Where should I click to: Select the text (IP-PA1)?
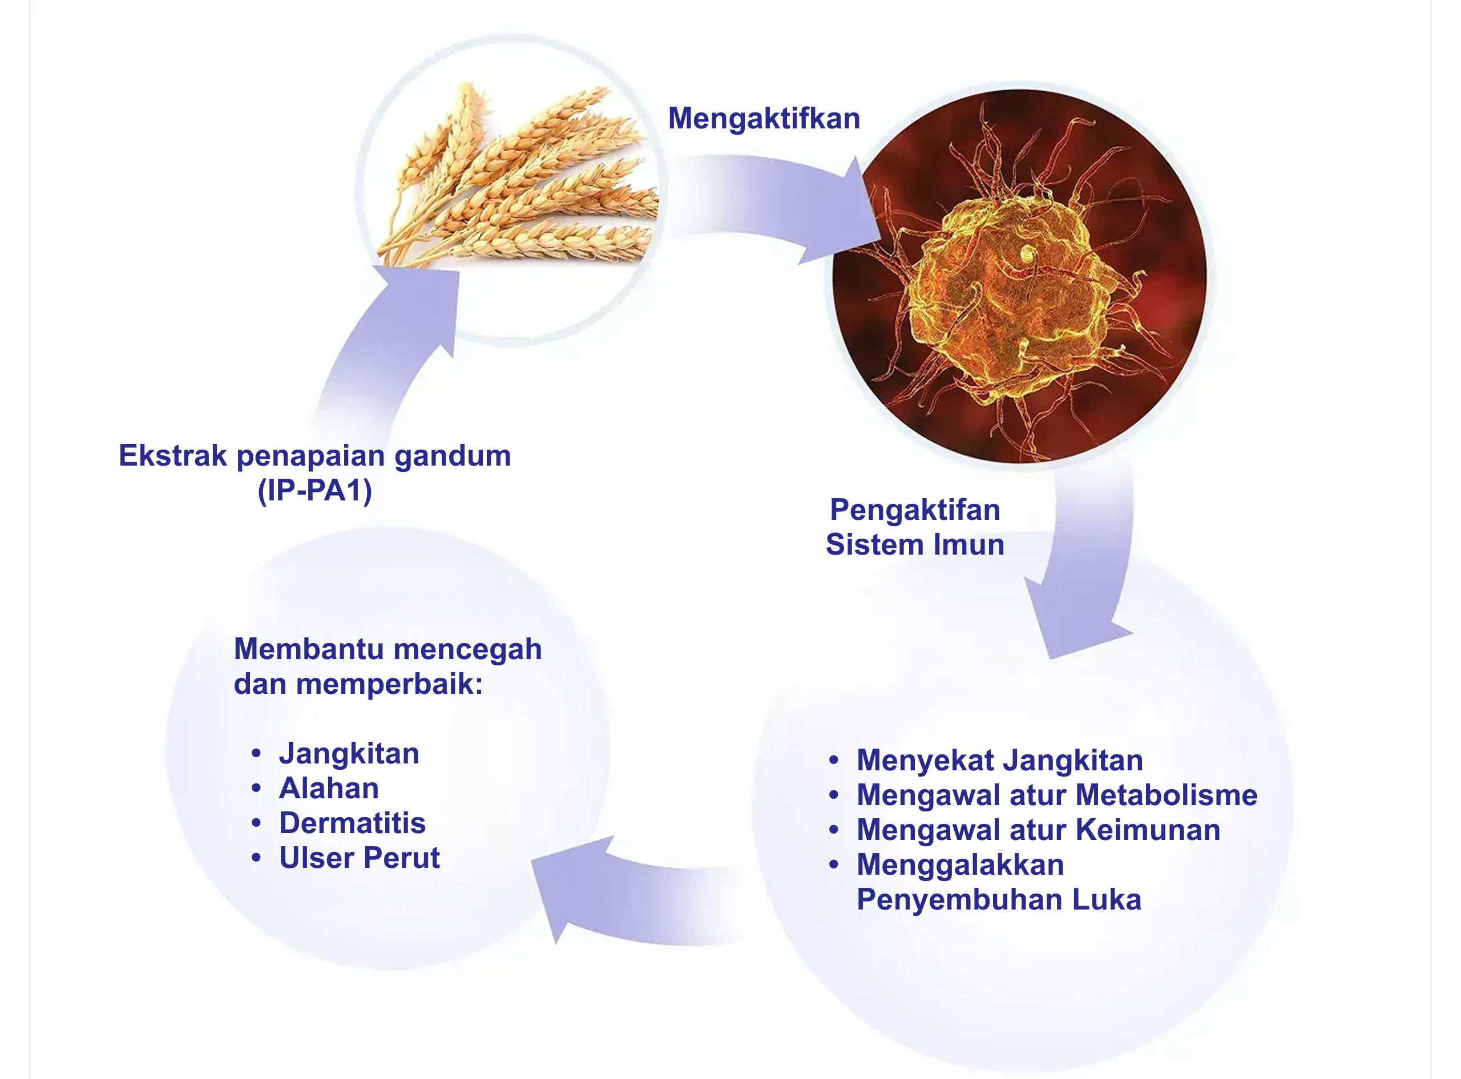pyautogui.click(x=315, y=491)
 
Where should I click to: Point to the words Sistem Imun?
pyautogui.click(x=915, y=545)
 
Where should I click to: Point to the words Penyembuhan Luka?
pyautogui.click(x=999, y=900)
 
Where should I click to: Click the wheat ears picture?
pyautogui.click(x=516, y=176)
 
